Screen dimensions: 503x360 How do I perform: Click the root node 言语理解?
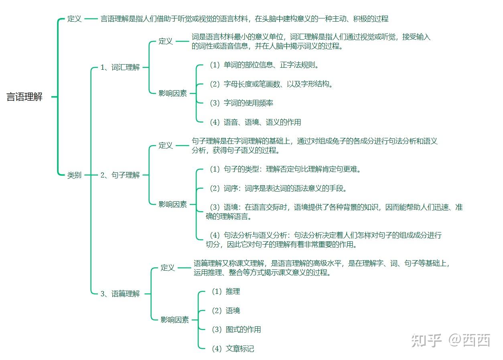pos(24,97)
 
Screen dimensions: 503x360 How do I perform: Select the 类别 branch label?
pos(74,175)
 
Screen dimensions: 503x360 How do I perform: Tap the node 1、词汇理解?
pos(120,67)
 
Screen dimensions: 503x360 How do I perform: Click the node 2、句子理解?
pos(120,175)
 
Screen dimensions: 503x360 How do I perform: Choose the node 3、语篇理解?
pos(120,294)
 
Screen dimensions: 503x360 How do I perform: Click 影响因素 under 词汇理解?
pos(172,93)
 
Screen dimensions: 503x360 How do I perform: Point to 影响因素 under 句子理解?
pos(172,204)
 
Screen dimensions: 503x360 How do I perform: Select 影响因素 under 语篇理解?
pos(174,320)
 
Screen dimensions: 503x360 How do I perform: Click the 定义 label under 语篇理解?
pos(168,268)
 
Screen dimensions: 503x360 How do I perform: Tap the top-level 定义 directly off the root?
pos(74,19)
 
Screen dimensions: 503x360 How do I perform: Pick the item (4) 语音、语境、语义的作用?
pos(255,122)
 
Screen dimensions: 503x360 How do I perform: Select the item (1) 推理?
pos(225,291)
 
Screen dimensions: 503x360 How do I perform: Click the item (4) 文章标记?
pos(233,349)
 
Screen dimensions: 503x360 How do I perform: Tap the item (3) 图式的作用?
pos(236,330)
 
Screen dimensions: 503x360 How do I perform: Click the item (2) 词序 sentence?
pos(278,188)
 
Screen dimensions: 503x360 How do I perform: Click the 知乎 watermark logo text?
pos(426,340)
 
